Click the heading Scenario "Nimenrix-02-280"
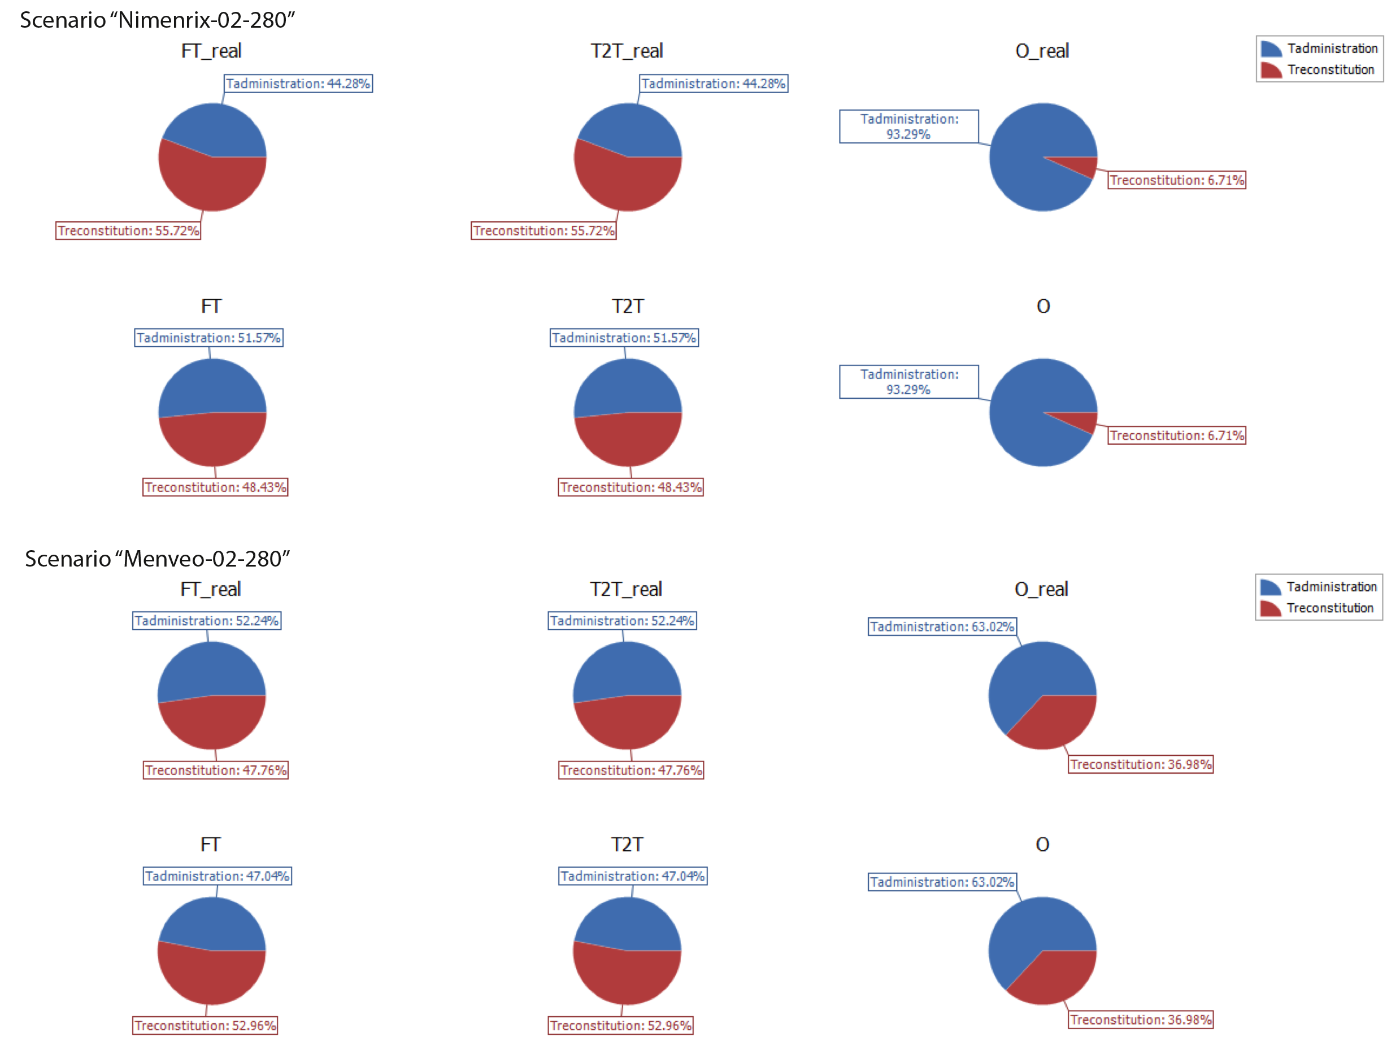pos(156,20)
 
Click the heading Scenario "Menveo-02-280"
pos(156,559)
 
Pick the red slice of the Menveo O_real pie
pos(1054,721)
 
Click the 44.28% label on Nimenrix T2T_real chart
pos(714,84)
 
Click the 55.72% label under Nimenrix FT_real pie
pos(128,230)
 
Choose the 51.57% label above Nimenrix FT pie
pos(209,338)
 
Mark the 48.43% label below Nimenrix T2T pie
pos(631,487)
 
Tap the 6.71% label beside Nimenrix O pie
pos(1177,436)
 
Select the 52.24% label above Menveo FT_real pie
pos(207,621)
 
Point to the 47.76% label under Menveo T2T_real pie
pos(631,770)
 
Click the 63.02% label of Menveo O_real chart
pos(942,627)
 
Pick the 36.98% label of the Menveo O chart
pos(1141,1020)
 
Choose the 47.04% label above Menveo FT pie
pos(218,876)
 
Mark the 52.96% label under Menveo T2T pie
pos(621,1026)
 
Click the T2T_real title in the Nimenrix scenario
pos(627,51)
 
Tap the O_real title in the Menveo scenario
pos(1041,589)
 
